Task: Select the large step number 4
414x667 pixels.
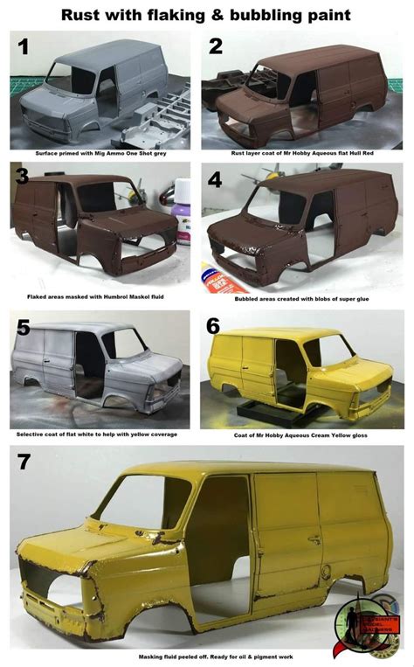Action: click(x=216, y=182)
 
